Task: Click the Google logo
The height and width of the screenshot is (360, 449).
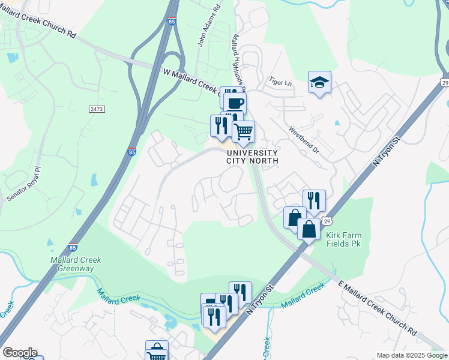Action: (20, 353)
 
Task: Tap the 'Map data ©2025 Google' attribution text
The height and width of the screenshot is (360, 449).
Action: (412, 355)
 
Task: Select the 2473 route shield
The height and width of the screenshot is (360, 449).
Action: (97, 109)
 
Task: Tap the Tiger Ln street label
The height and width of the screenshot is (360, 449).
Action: (280, 81)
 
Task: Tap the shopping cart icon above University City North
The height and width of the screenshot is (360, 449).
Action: (243, 131)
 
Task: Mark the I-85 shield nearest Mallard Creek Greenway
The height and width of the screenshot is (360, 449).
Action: (73, 247)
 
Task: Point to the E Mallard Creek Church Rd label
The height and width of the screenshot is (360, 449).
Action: (378, 306)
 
